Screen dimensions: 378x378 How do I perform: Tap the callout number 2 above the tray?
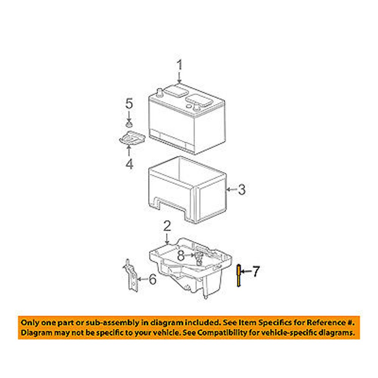pos(167,226)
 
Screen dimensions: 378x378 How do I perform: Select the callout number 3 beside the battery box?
pos(242,189)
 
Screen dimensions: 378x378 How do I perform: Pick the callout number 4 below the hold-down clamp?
pos(129,164)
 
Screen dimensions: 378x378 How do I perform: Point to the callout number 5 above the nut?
pos(129,104)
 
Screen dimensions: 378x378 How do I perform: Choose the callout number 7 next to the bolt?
pos(256,271)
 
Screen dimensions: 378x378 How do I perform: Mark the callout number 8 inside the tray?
pos(181,256)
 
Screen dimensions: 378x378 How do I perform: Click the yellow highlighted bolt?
pos(239,275)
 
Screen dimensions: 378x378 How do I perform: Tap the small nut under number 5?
pos(129,124)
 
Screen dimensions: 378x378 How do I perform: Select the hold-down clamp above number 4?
pos(132,138)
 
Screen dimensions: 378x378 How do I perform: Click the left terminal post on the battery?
pos(160,92)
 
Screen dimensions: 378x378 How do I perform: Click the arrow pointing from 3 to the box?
pos(231,190)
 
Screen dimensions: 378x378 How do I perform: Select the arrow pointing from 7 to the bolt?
pos(246,271)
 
